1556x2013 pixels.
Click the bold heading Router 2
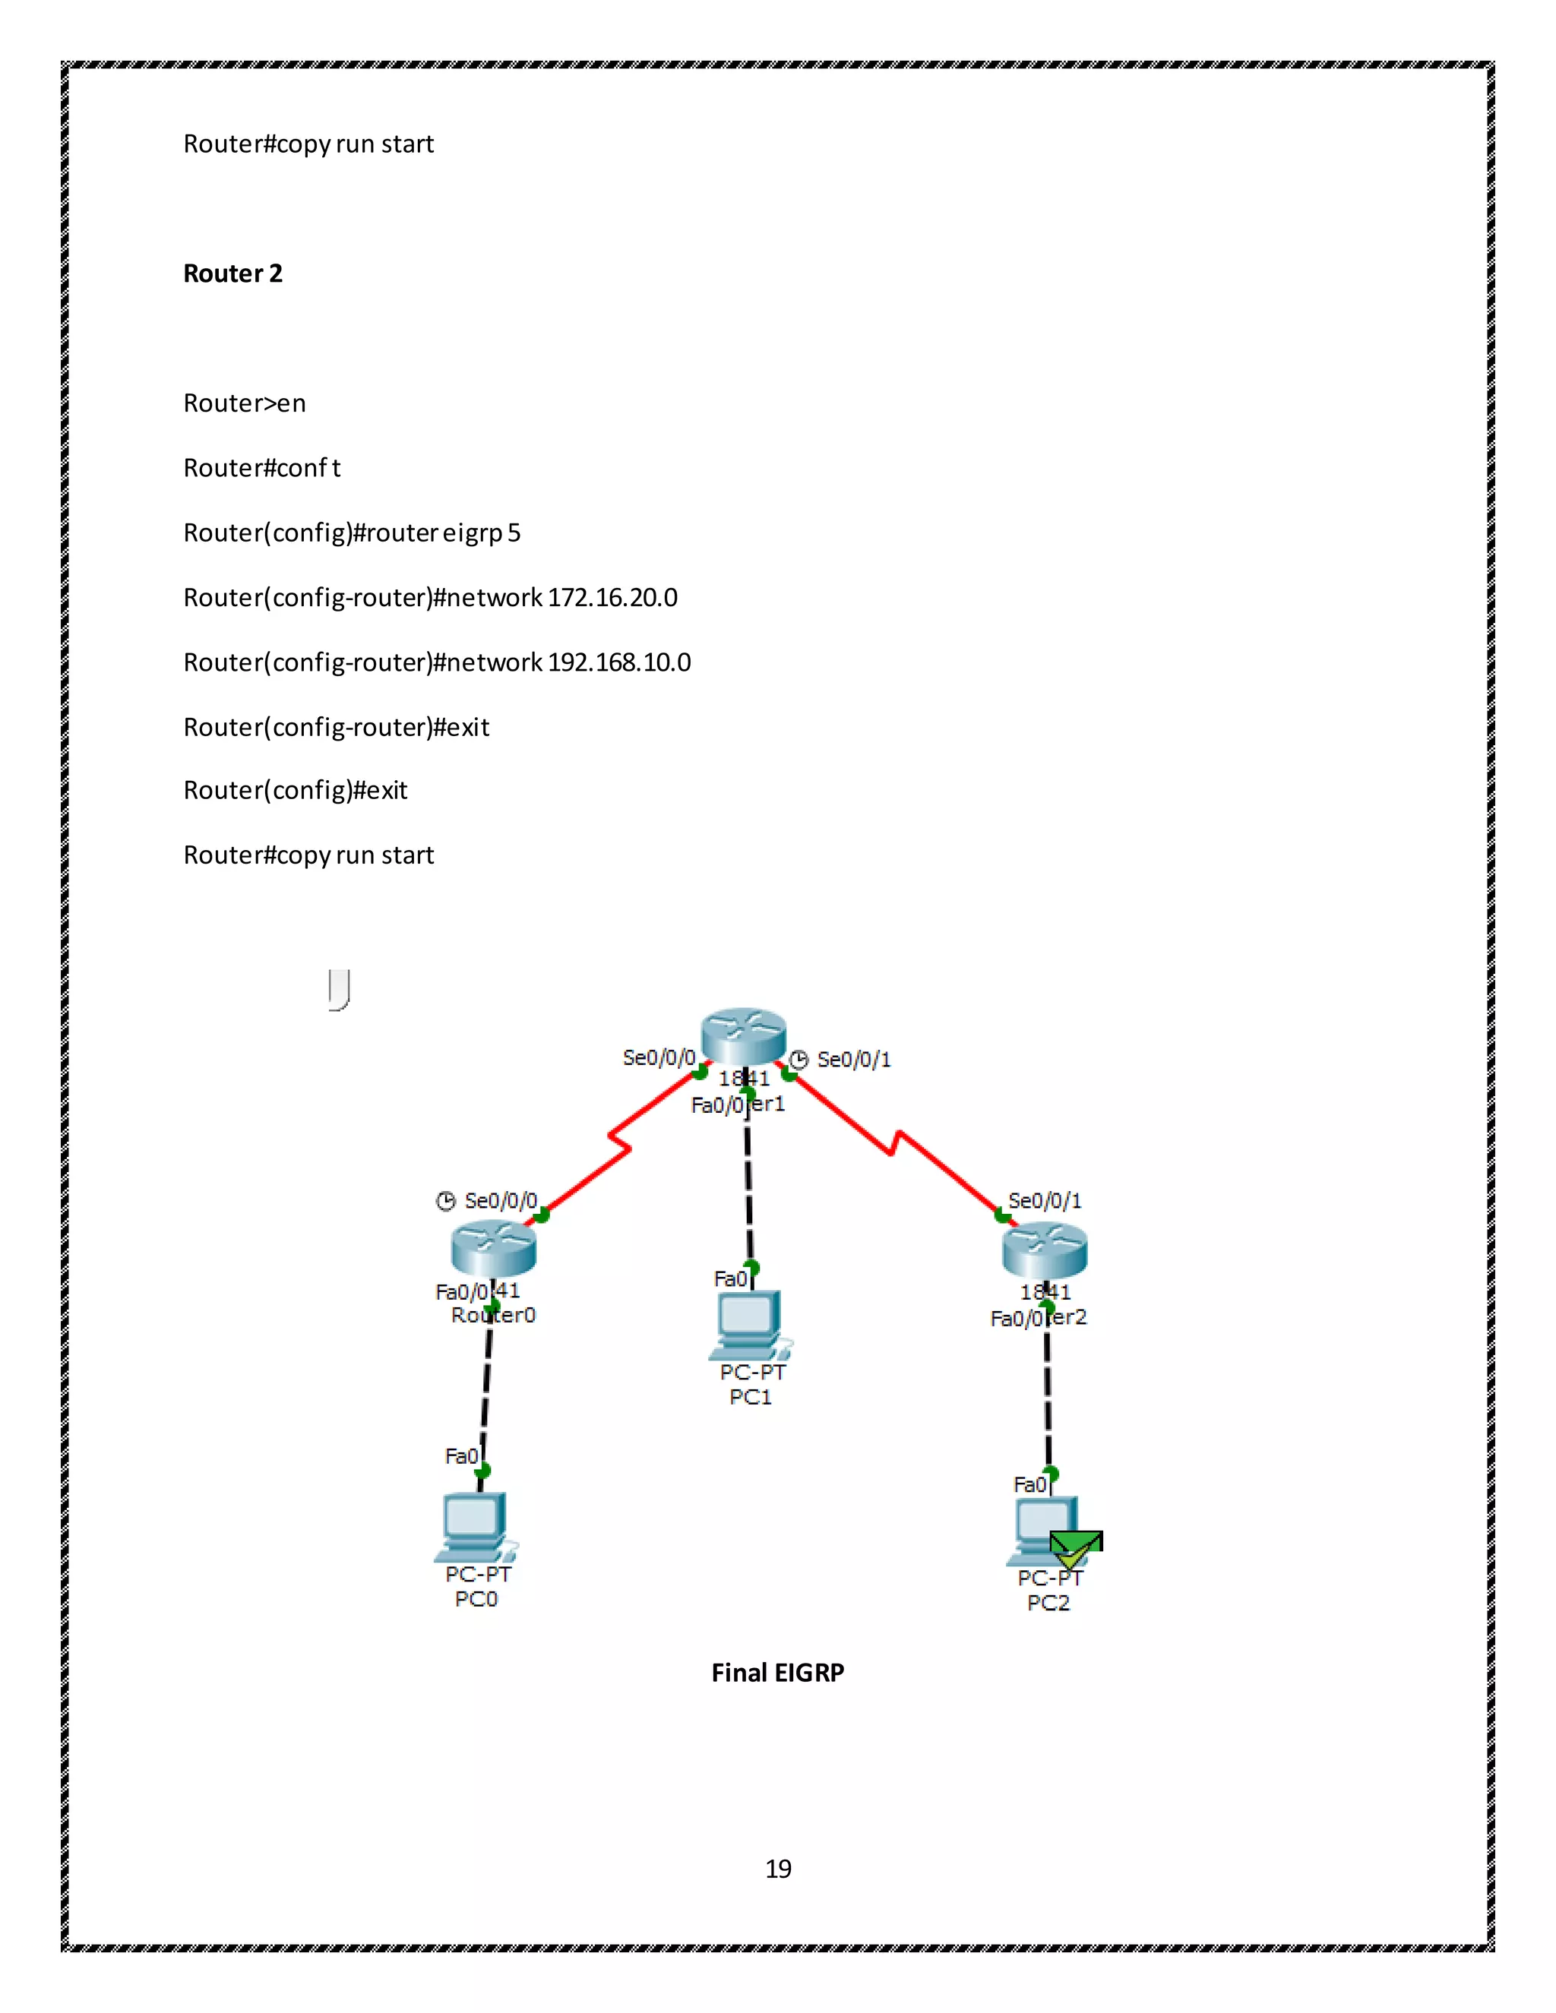(232, 273)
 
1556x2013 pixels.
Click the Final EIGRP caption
(777, 1673)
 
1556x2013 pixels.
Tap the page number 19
(778, 1869)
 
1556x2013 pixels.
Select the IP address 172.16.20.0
(612, 598)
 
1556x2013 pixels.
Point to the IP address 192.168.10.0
(618, 662)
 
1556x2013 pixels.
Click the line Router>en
(245, 403)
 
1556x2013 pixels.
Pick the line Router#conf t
(262, 468)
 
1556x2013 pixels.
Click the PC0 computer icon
(476, 1525)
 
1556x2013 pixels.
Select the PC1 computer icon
(748, 1323)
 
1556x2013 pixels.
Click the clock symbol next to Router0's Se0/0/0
(446, 1201)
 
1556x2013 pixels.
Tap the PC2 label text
(1048, 1603)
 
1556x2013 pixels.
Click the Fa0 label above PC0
(461, 1456)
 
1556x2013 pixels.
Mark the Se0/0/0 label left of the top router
(658, 1058)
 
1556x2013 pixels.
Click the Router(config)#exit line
(295, 791)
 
